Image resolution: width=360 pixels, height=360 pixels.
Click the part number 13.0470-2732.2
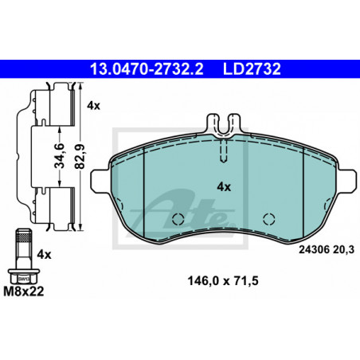pos(147,69)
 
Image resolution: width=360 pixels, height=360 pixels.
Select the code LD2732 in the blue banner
pos(252,69)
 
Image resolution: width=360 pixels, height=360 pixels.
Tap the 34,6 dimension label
pos(60,156)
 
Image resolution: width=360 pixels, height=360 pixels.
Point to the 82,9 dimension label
pos(80,156)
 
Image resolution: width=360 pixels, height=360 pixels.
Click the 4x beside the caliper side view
pos(93,106)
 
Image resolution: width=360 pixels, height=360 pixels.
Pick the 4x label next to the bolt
pos(44,255)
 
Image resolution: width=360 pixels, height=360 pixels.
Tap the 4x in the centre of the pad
pos(224,187)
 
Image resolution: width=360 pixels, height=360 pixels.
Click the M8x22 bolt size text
pos(24,292)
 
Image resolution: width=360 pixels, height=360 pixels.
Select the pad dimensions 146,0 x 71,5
pos(223,281)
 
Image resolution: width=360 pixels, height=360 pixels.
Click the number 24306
pos(315,249)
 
